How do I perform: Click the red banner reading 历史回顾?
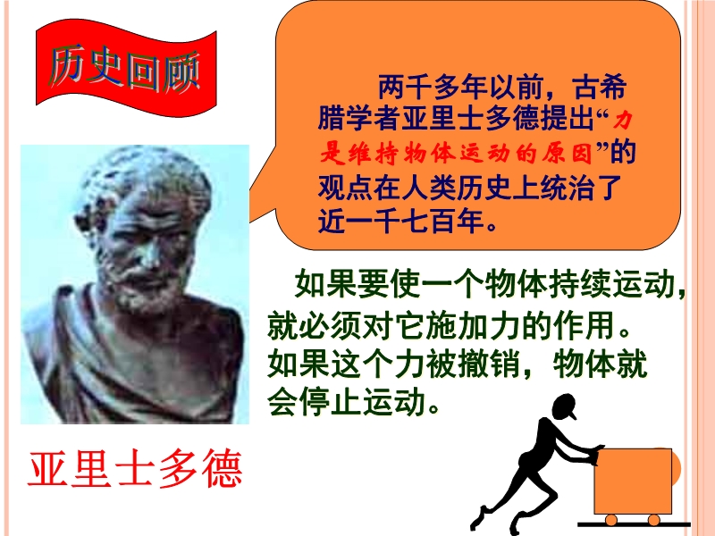click(x=126, y=69)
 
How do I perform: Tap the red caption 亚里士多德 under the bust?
click(x=135, y=468)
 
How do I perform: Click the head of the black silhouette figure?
click(x=564, y=406)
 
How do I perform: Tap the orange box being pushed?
click(x=633, y=481)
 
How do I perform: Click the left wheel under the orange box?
click(x=611, y=520)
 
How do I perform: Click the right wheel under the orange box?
click(x=654, y=520)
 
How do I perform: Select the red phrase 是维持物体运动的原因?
click(x=456, y=153)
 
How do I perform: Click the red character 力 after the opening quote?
click(x=622, y=120)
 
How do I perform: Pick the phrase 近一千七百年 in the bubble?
click(x=401, y=222)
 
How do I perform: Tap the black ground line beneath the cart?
click(x=635, y=525)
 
